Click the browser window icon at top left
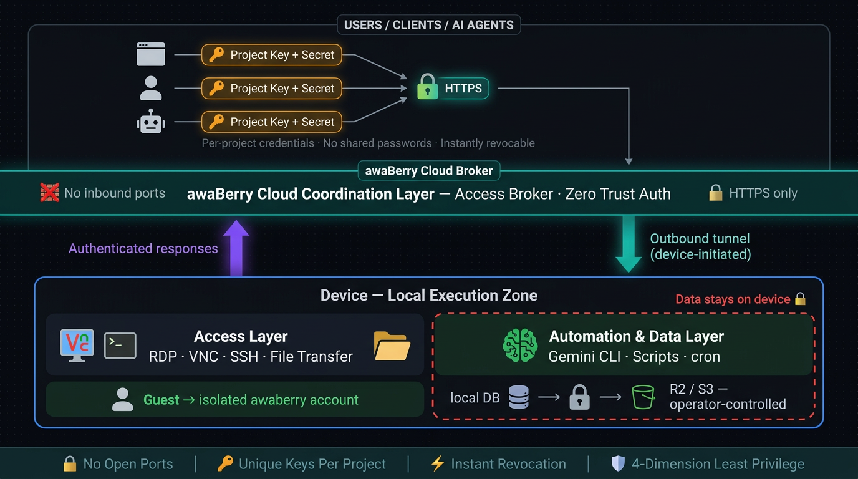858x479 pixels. (x=151, y=54)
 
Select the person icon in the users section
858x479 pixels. (x=151, y=88)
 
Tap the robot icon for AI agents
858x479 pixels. (x=151, y=122)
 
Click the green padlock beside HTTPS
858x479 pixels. (x=427, y=87)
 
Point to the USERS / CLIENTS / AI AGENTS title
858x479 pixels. (x=428, y=25)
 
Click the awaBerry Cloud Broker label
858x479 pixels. (x=428, y=170)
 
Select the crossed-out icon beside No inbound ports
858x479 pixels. (x=50, y=193)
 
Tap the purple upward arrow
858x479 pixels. (x=236, y=248)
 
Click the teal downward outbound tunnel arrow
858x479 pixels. (x=628, y=244)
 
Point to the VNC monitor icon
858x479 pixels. (x=77, y=345)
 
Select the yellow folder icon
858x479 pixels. (x=392, y=346)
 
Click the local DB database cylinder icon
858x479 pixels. (x=519, y=397)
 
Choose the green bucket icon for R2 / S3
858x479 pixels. (x=643, y=397)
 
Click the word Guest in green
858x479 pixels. (x=161, y=400)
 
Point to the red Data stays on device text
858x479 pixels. (x=733, y=299)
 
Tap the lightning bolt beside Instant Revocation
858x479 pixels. (x=438, y=463)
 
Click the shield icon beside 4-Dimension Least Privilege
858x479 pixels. (x=618, y=463)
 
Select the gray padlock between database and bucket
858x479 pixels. (x=580, y=397)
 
